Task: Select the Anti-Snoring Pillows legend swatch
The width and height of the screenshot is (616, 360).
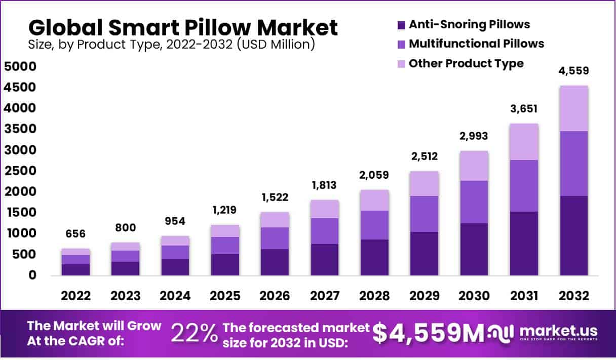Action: click(401, 24)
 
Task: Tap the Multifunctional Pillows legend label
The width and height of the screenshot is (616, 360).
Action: click(476, 44)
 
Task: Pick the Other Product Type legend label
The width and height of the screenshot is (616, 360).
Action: click(466, 63)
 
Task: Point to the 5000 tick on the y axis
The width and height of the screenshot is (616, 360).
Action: click(20, 67)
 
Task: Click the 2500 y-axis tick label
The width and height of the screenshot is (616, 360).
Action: click(20, 171)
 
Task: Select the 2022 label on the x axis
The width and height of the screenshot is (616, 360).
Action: click(75, 296)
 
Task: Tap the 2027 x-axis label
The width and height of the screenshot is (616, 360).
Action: click(324, 296)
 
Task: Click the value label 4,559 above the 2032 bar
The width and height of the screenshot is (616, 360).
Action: click(574, 71)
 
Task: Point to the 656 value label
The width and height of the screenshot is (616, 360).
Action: click(75, 234)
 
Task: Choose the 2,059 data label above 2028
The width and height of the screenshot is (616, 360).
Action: click(374, 175)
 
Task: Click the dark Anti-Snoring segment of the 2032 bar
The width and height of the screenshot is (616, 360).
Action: click(574, 235)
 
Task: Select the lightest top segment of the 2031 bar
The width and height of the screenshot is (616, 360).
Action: click(524, 142)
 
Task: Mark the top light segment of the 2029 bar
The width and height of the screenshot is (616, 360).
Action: click(425, 183)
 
